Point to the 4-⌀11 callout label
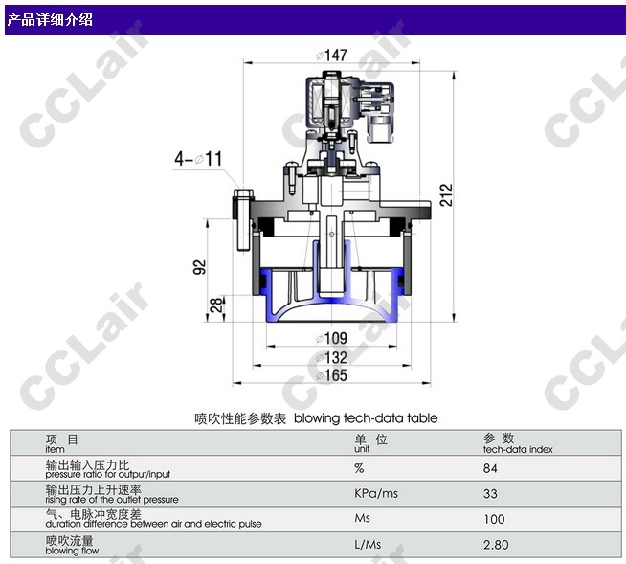(197, 157)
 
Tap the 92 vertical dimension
(201, 266)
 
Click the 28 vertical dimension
(218, 306)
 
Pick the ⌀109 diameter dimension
(331, 338)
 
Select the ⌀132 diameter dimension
(331, 356)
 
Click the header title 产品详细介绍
(51, 19)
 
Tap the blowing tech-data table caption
(316, 418)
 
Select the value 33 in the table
(491, 494)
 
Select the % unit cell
(359, 468)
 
